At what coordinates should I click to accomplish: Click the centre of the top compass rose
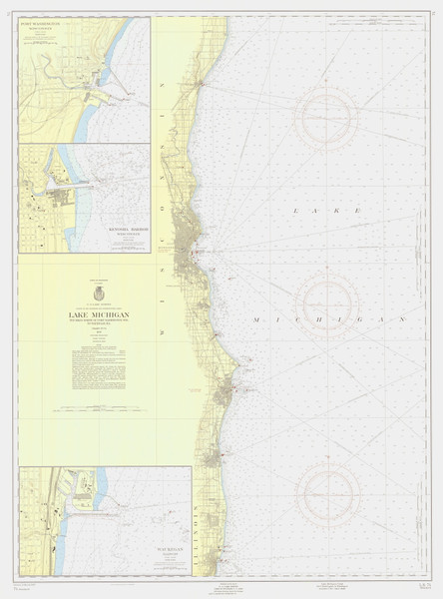click(326, 118)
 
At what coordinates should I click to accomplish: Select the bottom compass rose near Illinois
click(328, 492)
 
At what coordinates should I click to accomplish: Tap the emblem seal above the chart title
click(99, 294)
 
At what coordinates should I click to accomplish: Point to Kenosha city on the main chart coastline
click(213, 458)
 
